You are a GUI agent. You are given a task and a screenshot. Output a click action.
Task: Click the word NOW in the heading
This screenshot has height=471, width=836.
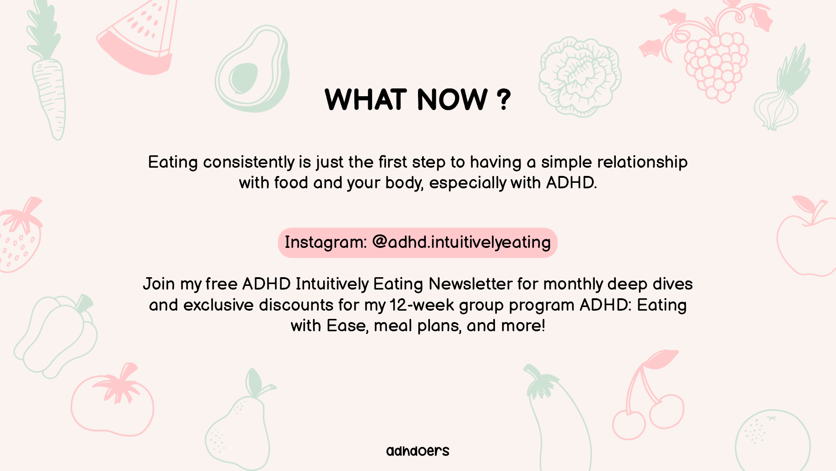click(x=452, y=99)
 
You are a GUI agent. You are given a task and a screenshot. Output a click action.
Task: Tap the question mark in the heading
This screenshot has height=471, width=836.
click(x=504, y=99)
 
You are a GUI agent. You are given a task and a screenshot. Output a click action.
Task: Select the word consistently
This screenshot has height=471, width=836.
click(x=249, y=162)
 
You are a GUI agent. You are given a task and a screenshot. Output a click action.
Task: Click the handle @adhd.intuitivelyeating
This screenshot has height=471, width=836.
click(x=461, y=242)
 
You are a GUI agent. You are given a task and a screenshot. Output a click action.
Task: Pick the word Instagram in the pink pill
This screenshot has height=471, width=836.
click(x=326, y=242)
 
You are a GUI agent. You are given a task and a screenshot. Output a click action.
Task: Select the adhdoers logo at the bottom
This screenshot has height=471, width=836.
click(x=418, y=451)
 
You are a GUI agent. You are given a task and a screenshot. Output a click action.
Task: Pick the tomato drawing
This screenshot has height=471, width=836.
click(x=113, y=401)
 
